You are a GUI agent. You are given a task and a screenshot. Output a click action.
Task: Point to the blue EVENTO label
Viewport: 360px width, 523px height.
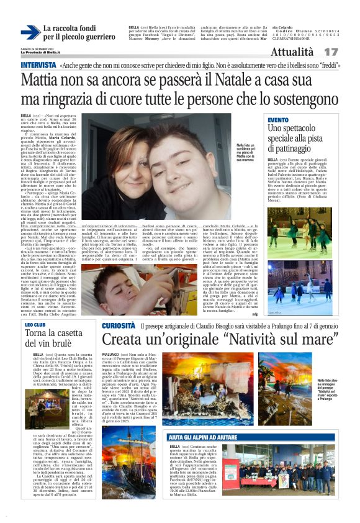pos(279,119)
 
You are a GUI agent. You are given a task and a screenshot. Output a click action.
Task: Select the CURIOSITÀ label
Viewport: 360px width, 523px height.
pos(119,325)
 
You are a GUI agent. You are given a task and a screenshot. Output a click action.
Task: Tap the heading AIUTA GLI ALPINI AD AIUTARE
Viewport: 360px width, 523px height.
pos(205,437)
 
